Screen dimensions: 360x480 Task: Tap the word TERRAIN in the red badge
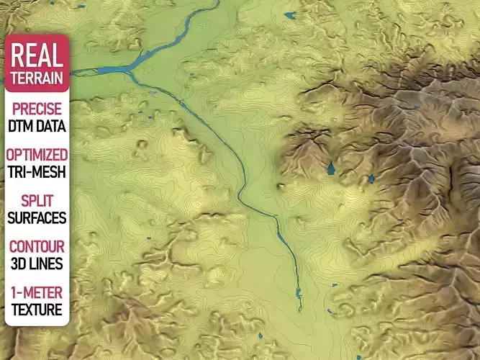(37, 77)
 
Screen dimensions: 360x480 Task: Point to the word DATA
(50, 126)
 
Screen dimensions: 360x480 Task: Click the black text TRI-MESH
(37, 171)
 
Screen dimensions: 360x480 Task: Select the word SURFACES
(37, 217)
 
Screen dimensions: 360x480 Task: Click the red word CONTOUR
(37, 247)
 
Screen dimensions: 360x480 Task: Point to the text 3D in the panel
(19, 263)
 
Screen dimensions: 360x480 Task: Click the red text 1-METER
(37, 293)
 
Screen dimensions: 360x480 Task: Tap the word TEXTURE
(37, 310)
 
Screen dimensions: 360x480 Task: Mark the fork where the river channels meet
(130, 70)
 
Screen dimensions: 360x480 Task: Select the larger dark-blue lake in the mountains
(331, 168)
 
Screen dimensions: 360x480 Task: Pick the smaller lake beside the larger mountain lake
(372, 177)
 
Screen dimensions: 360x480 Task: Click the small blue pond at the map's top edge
(290, 14)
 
